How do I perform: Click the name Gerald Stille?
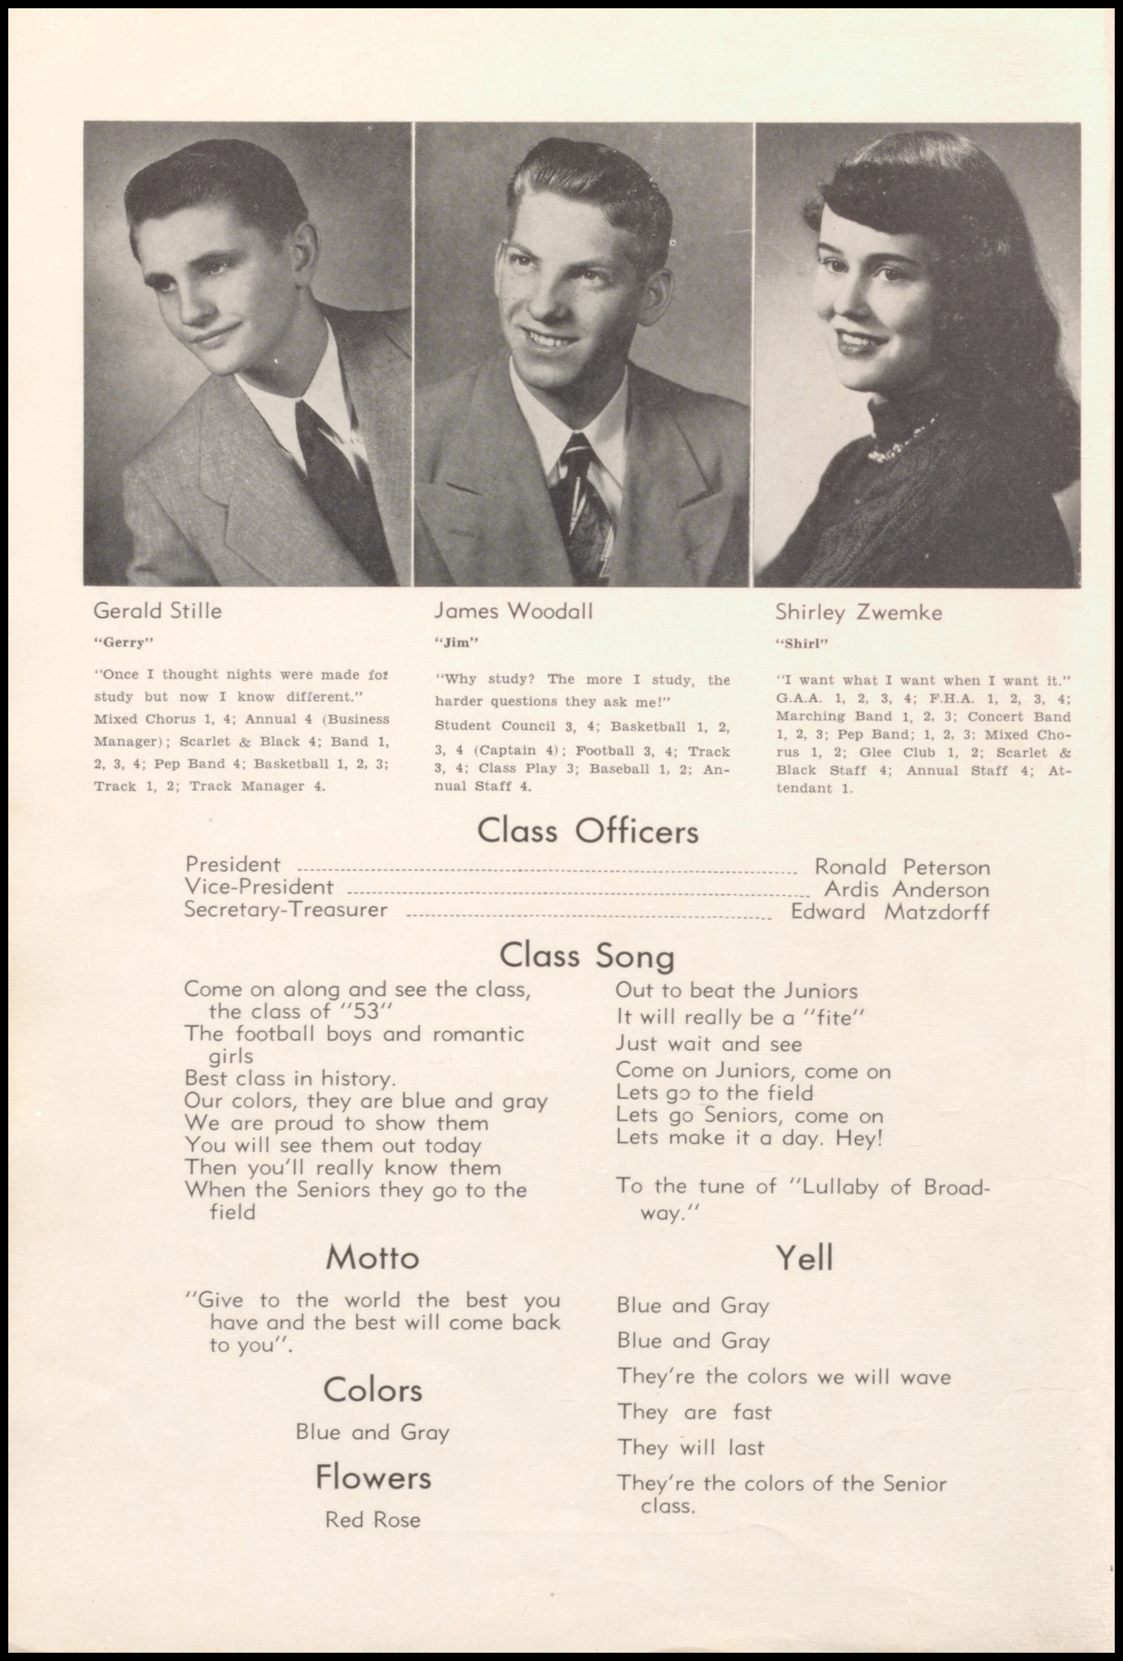tap(157, 611)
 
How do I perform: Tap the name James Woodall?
tap(513, 611)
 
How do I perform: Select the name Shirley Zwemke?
tap(859, 613)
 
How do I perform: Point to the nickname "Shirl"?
tap(801, 643)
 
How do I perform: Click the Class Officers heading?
tap(587, 831)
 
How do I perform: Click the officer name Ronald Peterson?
tap(902, 867)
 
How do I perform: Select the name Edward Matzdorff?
tap(889, 912)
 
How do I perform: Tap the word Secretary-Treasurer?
tap(286, 910)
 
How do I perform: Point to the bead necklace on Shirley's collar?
tap(902, 437)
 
